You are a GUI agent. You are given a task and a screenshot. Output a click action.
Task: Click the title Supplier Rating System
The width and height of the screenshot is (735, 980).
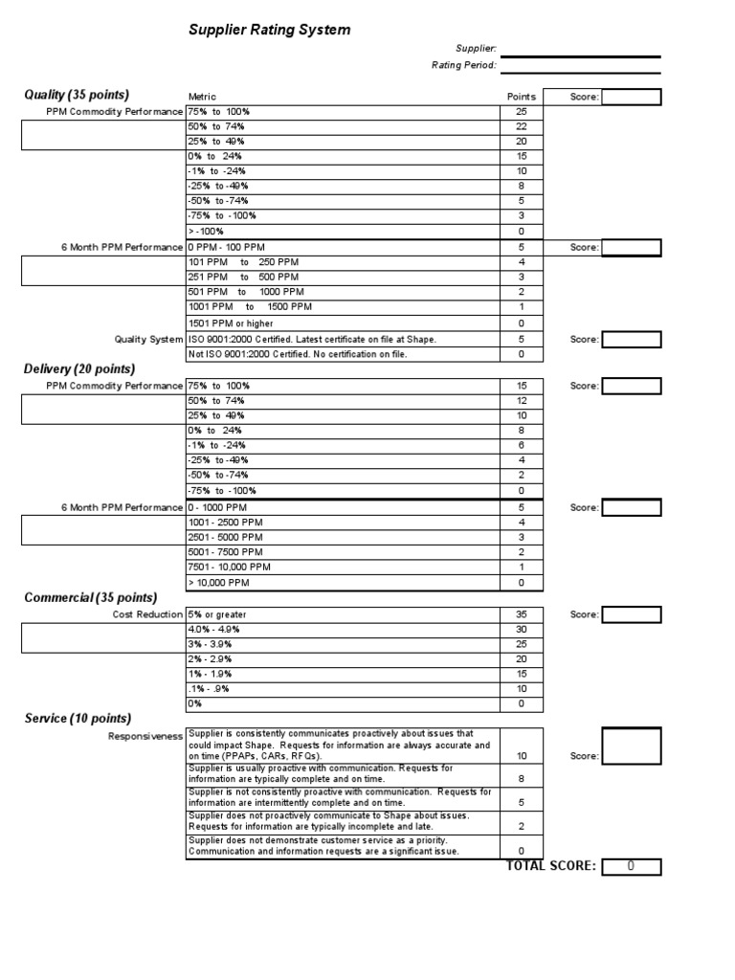269,31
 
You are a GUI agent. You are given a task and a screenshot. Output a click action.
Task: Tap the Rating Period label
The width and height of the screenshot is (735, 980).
463,65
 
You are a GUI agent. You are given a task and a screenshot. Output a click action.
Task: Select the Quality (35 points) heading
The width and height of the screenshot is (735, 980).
77,95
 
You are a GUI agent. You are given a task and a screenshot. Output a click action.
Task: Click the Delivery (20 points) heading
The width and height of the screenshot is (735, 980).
79,369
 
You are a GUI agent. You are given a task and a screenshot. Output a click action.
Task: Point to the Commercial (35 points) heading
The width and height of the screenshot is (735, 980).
90,597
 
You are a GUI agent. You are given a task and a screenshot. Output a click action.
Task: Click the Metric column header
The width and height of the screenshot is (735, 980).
202,97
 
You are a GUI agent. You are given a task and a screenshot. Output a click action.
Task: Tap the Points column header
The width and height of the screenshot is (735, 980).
521,97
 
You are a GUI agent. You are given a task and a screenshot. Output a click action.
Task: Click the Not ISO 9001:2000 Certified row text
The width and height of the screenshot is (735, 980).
297,354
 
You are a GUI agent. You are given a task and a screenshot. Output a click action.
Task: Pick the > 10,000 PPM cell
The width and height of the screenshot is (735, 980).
218,582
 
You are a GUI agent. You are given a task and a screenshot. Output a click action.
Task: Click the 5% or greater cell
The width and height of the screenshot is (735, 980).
224,613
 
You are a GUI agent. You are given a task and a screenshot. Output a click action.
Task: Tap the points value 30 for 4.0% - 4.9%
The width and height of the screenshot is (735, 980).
521,629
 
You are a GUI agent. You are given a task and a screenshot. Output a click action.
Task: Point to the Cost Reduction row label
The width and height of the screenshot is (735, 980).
147,613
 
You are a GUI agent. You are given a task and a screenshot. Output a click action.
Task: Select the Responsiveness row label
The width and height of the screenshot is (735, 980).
145,737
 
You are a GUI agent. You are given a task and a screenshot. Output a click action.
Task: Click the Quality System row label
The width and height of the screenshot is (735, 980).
148,339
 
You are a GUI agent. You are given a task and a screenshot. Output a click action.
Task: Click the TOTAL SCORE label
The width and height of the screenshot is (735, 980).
550,866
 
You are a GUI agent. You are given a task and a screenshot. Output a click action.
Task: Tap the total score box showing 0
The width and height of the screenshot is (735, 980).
632,867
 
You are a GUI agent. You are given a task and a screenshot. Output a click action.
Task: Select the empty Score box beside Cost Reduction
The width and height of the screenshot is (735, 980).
632,613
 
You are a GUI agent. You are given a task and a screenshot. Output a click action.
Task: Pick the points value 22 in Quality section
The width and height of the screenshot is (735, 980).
521,126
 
